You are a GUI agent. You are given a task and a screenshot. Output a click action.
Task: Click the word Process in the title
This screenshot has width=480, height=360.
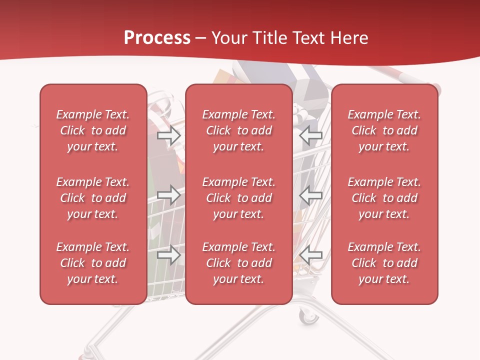pos(157,37)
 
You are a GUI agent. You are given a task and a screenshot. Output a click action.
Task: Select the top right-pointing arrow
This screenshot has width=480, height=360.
pos(168,135)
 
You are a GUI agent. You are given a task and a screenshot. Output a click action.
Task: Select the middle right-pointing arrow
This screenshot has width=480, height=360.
pos(168,195)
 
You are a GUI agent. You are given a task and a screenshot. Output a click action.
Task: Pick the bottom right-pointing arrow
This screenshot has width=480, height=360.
pos(168,255)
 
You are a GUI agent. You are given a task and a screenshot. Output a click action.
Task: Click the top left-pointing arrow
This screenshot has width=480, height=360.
pos(311,135)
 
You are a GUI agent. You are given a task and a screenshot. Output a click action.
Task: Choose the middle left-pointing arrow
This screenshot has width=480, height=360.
pos(311,195)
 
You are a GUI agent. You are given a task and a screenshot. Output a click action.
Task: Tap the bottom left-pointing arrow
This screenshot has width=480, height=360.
pos(311,255)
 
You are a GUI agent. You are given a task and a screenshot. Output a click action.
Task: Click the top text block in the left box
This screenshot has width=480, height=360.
pos(93,130)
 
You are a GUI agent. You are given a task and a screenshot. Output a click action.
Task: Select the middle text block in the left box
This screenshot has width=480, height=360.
pos(93,198)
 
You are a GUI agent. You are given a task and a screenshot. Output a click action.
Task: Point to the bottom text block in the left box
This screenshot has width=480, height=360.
pos(93,263)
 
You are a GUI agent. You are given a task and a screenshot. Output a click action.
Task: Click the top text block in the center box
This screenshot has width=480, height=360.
pos(238,130)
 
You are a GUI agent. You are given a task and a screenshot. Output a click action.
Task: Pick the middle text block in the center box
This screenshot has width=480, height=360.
pos(238,198)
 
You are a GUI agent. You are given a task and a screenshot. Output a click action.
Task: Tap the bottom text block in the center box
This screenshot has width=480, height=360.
pos(238,263)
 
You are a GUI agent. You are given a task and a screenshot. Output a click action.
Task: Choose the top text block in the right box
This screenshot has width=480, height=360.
pos(384,130)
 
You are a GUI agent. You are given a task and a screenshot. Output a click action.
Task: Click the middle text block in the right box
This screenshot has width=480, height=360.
pos(384,198)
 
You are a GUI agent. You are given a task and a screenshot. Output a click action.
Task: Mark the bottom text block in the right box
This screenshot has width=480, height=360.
pos(384,263)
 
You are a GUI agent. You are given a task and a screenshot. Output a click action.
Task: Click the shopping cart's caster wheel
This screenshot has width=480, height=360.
pos(308,316)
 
